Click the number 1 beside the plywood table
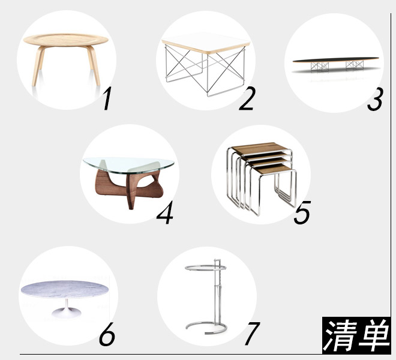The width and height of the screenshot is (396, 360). pyautogui.click(x=107, y=98)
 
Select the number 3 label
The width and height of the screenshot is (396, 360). pyautogui.click(x=375, y=99)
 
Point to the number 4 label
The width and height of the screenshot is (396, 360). pyautogui.click(x=165, y=212)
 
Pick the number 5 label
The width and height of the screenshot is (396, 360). pyautogui.click(x=302, y=212)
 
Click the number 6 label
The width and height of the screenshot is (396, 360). pyautogui.click(x=107, y=334)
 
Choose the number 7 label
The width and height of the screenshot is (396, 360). pyautogui.click(x=252, y=334)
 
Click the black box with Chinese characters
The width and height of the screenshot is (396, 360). pyautogui.click(x=356, y=335)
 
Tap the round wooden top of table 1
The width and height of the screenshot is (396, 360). pyautogui.click(x=65, y=40)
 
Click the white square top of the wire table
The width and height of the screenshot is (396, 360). pyautogui.click(x=206, y=43)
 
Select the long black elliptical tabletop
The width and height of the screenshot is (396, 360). pyautogui.click(x=336, y=60)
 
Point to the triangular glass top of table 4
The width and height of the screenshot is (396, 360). pyautogui.click(x=128, y=165)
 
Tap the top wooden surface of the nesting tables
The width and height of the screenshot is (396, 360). pyautogui.click(x=260, y=148)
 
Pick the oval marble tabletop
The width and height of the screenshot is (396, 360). pyautogui.click(x=65, y=290)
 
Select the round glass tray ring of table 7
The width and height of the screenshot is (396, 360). pyautogui.click(x=206, y=268)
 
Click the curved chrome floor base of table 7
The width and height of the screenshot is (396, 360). pyautogui.click(x=206, y=328)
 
